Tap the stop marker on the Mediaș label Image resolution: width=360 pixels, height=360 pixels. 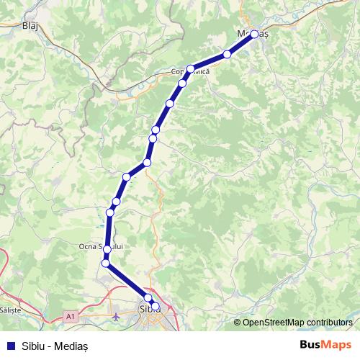click(x=254, y=34)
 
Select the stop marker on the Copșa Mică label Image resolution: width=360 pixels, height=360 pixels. click(x=191, y=69)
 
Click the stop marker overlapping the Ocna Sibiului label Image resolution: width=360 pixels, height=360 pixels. click(x=107, y=249)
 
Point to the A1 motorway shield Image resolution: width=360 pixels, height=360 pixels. click(x=70, y=315)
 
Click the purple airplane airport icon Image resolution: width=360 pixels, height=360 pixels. click(x=117, y=315)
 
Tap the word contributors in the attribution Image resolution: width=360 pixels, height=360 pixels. click(x=330, y=322)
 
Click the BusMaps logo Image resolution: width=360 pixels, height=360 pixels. click(x=325, y=345)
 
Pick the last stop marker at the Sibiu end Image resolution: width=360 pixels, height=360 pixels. click(x=156, y=307)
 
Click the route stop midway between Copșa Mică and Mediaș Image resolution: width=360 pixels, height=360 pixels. click(x=228, y=54)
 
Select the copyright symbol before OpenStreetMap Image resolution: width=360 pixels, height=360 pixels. click(x=238, y=322)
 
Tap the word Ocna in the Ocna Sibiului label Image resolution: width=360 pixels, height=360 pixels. click(x=87, y=246)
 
